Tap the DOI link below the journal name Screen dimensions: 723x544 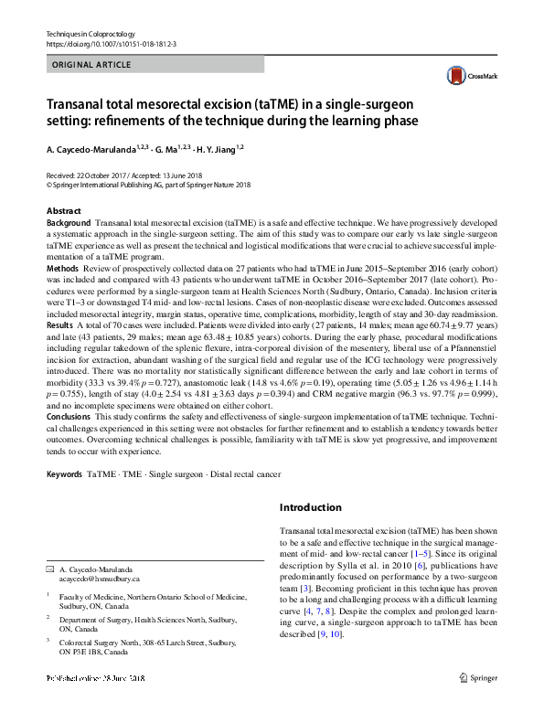pyautogui.click(x=111, y=44)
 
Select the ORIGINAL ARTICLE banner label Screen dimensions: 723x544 pyautogui.click(x=92, y=65)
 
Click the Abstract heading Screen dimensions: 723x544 pyautogui.click(x=64, y=211)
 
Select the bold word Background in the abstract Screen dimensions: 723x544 pyautogui.click(x=69, y=223)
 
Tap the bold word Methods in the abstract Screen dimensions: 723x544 pyautogui.click(x=62, y=270)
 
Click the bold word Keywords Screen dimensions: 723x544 pyautogui.click(x=64, y=476)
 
